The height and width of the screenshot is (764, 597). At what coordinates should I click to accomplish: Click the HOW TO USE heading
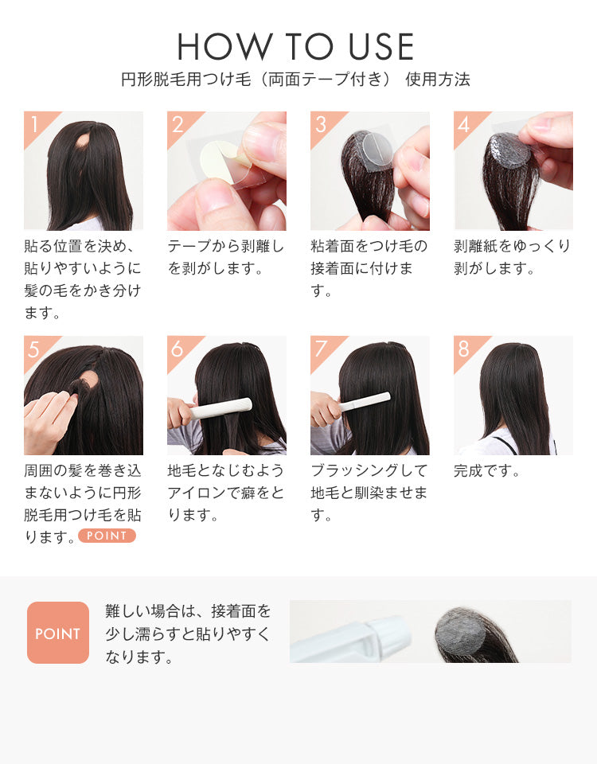click(x=295, y=47)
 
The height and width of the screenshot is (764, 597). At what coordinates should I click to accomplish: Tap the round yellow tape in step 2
click(x=219, y=159)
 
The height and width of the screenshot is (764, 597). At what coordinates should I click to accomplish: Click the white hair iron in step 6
click(x=220, y=408)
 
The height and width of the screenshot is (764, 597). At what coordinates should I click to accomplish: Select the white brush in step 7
click(x=364, y=403)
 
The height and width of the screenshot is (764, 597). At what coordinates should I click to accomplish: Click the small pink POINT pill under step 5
click(x=107, y=536)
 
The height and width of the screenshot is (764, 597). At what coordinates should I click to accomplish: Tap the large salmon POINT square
click(x=58, y=633)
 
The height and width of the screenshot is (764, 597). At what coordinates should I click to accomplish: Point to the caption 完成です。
click(x=487, y=471)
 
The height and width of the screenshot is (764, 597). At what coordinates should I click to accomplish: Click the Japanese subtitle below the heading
click(x=295, y=80)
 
